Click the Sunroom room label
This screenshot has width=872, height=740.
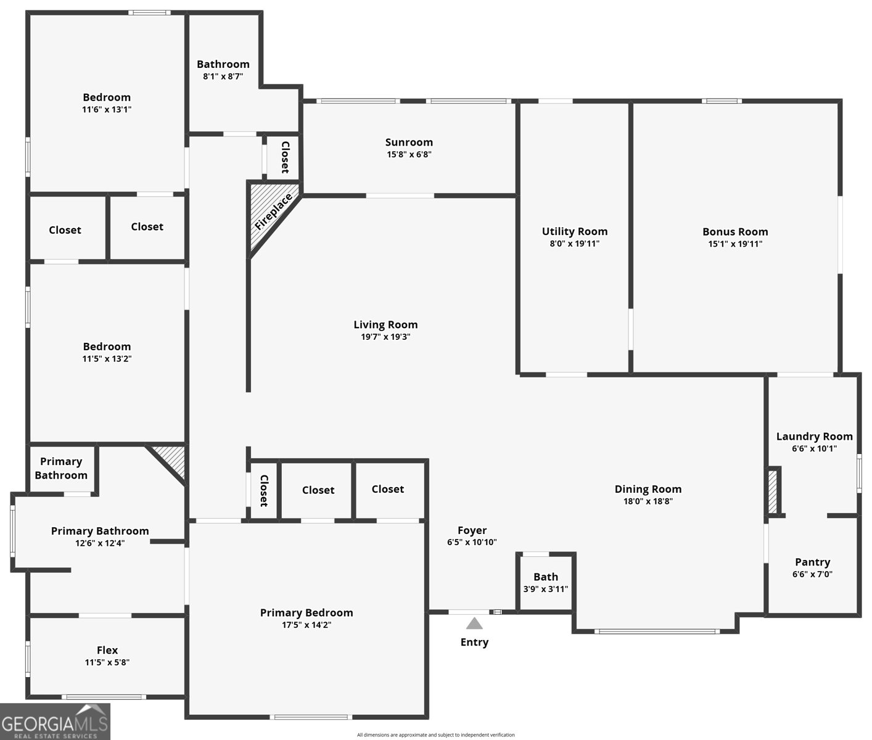point(409,142)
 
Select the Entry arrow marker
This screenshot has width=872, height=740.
point(474,623)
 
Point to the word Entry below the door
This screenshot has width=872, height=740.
point(474,642)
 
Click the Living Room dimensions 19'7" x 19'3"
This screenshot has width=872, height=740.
point(385,337)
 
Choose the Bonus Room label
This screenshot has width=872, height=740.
point(735,232)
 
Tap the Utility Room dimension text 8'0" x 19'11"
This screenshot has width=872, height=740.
point(575,244)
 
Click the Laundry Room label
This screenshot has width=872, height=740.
point(814,437)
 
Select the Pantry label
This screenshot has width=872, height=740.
point(812,562)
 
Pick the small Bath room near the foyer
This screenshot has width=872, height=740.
point(546,582)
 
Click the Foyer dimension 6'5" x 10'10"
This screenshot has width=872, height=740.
point(472,542)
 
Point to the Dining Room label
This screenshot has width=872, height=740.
point(648,489)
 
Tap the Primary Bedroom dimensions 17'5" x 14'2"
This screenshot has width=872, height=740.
point(306,625)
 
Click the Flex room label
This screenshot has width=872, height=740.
point(107,650)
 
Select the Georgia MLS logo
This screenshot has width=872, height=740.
point(55,722)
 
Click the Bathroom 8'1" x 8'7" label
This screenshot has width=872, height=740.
point(223,64)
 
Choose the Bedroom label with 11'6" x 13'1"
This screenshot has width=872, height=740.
point(107,97)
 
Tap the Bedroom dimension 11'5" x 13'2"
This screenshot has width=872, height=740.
point(107,358)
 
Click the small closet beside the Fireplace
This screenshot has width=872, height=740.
point(284,157)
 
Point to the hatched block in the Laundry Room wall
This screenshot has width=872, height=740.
point(773,491)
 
